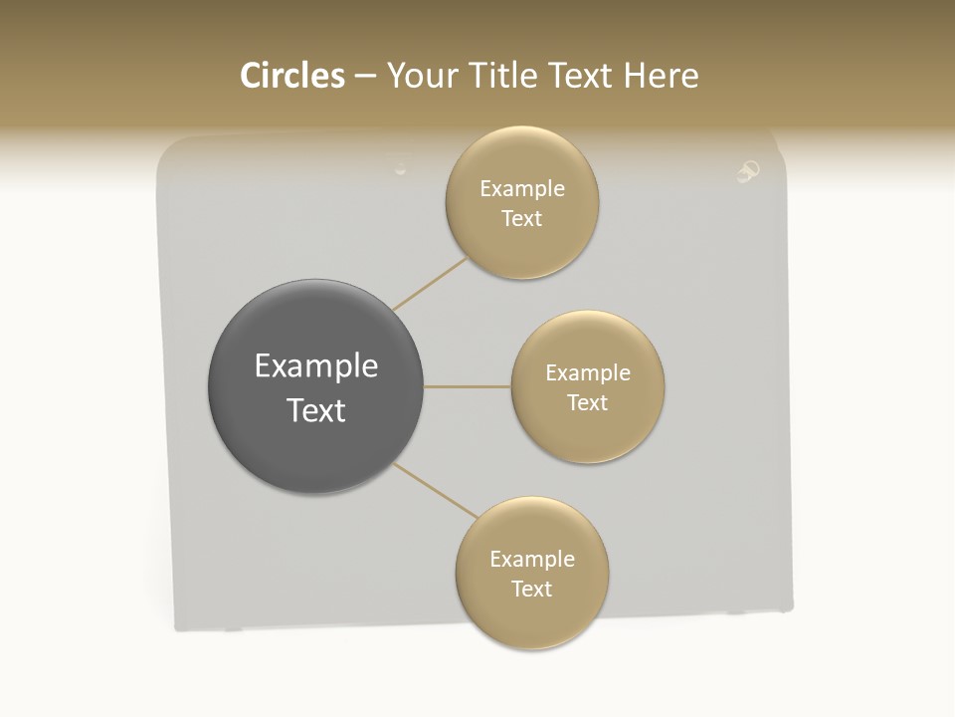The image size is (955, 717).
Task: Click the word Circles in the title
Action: tap(291, 76)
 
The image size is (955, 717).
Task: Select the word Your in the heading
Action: tap(422, 76)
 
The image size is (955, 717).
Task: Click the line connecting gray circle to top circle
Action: tap(430, 284)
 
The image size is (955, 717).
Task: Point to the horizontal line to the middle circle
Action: tap(468, 386)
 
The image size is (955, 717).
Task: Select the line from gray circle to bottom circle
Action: tap(436, 491)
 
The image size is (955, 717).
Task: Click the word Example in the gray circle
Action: tap(315, 366)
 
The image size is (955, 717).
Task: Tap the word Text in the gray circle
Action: tap(315, 410)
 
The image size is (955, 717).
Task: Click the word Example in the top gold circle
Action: tap(522, 189)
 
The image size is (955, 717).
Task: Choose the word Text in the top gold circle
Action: tap(522, 218)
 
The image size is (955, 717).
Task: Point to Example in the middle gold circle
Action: tap(588, 373)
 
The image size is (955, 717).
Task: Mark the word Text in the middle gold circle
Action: tap(588, 402)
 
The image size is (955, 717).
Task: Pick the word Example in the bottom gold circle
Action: tap(532, 560)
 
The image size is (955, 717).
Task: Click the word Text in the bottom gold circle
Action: tap(532, 589)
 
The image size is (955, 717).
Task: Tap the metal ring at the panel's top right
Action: tap(748, 171)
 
